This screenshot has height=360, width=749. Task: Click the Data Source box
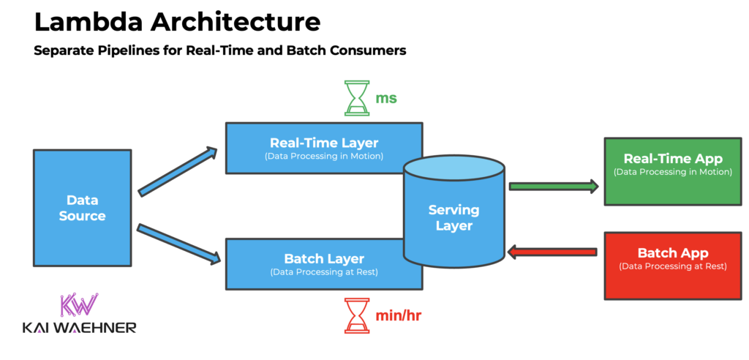click(82, 208)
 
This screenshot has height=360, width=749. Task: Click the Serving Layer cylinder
click(453, 217)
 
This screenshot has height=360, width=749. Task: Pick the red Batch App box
click(672, 265)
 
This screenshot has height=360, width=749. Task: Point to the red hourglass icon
click(358, 315)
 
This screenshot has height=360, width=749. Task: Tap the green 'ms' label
click(386, 98)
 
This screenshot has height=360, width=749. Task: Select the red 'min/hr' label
click(398, 316)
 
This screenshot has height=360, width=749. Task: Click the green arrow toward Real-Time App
click(553, 187)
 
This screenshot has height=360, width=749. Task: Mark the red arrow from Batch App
click(553, 252)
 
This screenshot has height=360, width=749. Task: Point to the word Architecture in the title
click(235, 22)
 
